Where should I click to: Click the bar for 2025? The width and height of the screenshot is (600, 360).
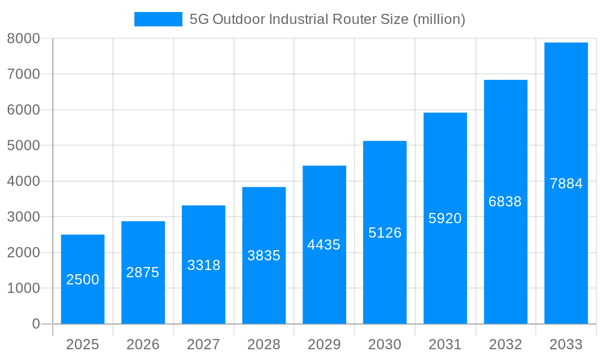point(83,279)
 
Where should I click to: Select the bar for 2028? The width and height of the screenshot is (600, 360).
point(264,256)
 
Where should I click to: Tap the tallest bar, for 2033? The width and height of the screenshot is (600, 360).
point(566,183)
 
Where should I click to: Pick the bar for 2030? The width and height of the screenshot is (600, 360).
point(385,232)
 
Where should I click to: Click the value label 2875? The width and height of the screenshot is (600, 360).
point(143,272)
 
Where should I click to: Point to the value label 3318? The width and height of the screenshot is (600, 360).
point(203,265)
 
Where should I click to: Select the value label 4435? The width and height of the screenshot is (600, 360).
point(324,245)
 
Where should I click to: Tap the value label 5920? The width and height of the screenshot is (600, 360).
point(445,218)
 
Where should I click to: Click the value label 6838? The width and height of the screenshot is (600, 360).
point(505,202)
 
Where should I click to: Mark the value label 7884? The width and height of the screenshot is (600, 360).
point(566,184)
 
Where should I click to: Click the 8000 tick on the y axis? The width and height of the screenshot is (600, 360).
point(23,38)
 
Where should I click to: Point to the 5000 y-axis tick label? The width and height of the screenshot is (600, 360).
point(23,146)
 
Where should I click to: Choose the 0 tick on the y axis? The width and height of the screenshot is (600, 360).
point(35,324)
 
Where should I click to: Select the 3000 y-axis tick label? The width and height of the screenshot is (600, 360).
point(23,217)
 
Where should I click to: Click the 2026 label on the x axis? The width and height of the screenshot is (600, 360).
point(143,344)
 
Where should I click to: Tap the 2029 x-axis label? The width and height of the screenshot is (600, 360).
point(324,344)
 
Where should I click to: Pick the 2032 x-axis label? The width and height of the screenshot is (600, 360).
point(505,344)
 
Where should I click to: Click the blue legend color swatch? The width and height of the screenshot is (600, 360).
point(158,19)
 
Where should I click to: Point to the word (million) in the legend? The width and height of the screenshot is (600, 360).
point(439,19)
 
